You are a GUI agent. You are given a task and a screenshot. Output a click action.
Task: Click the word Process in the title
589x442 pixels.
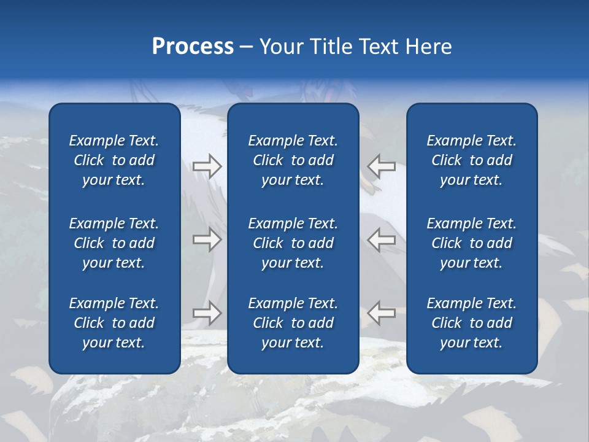point(193,47)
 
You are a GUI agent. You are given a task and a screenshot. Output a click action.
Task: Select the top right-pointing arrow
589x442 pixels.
point(207,166)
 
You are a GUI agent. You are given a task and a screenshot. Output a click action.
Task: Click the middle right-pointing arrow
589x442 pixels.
point(207,239)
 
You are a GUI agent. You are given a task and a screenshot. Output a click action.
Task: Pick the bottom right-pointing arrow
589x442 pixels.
point(207,313)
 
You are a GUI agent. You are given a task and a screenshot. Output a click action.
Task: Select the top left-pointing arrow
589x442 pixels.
point(381,166)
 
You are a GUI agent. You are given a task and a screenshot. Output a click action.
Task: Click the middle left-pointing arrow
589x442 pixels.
point(381,239)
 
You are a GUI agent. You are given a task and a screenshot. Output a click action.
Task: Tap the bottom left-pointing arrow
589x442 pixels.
point(381,313)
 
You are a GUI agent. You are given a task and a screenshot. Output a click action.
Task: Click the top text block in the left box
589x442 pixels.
point(114,160)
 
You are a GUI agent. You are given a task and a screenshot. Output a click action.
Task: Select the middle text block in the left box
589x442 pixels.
point(114,243)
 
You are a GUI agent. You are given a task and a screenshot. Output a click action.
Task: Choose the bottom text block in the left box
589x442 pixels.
point(114,323)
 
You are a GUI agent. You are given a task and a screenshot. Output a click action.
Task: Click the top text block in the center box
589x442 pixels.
point(293,160)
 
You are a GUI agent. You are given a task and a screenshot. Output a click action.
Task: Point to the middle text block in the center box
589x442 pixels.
point(293,243)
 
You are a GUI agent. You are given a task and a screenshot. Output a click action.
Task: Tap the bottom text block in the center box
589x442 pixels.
point(293,323)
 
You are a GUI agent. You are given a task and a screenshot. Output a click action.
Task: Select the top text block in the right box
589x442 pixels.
point(472,160)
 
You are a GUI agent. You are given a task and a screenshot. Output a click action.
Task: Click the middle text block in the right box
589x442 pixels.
point(472,243)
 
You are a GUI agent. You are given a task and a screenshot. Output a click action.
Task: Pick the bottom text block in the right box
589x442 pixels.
point(472,323)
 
